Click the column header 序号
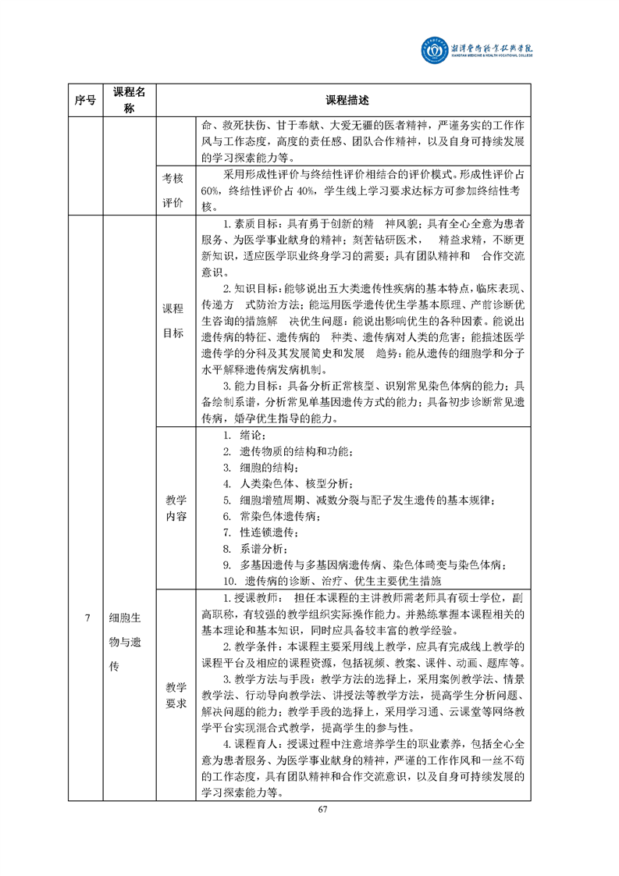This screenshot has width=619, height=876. point(86,100)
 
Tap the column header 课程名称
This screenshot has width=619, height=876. point(130,100)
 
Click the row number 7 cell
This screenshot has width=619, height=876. point(86,618)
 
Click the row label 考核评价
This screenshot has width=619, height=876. point(173,191)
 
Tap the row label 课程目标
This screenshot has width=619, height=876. point(173,321)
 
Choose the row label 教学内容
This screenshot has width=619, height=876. point(176,507)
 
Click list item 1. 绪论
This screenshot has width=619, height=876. point(244,436)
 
